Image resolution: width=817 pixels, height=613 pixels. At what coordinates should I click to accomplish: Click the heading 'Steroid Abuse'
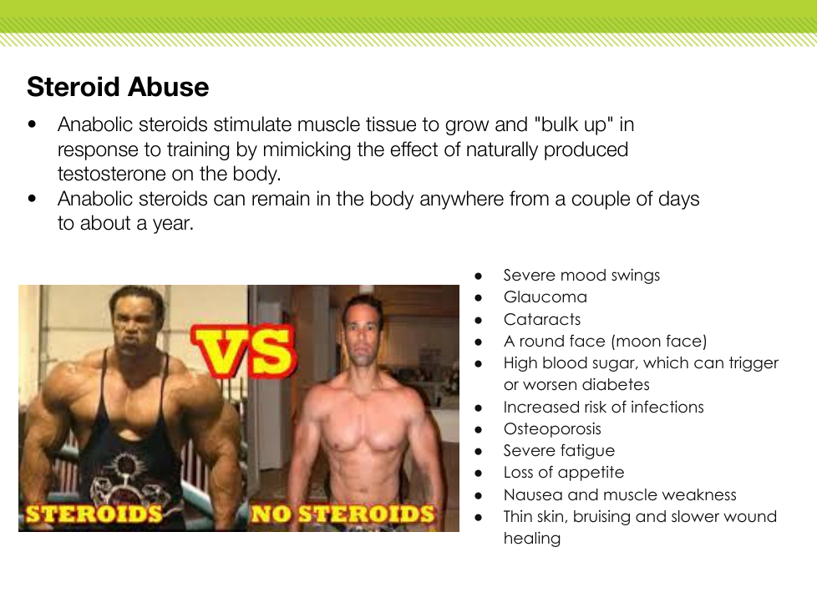[x=118, y=87]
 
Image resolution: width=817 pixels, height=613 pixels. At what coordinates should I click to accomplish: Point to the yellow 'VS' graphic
[x=244, y=349]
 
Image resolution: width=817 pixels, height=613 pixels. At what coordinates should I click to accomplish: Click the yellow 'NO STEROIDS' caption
[x=343, y=514]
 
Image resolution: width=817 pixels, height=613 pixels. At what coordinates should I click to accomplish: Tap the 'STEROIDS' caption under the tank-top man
[x=94, y=514]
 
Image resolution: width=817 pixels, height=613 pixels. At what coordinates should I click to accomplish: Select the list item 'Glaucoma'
[x=545, y=296]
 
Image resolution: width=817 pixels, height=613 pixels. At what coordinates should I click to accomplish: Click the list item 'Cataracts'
[x=542, y=319]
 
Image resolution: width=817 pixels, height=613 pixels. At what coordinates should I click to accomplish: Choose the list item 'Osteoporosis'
[x=552, y=428]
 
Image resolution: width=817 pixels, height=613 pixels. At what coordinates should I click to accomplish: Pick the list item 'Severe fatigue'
[x=559, y=450]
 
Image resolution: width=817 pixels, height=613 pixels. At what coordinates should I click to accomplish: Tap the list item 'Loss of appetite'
[x=564, y=473]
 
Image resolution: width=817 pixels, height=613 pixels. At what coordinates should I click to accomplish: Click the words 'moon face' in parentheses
[x=658, y=341]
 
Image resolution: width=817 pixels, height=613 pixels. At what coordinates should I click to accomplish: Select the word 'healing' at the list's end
[x=532, y=539]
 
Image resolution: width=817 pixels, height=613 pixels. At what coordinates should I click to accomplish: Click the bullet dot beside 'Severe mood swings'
[x=479, y=276]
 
